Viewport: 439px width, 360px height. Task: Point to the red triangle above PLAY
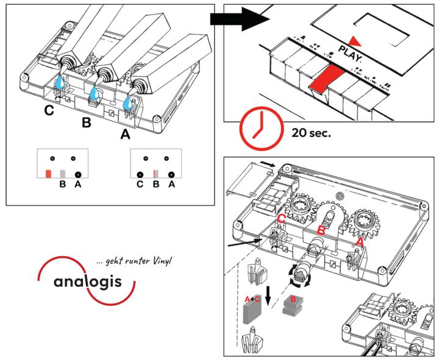(x=355, y=41)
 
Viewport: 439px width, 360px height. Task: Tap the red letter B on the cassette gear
(x=320, y=230)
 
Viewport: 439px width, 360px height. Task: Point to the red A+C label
(x=252, y=299)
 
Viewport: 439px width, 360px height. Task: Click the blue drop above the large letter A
(x=128, y=105)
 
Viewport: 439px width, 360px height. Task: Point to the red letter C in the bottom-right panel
(x=282, y=218)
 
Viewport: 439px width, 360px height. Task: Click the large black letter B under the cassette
(x=87, y=123)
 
